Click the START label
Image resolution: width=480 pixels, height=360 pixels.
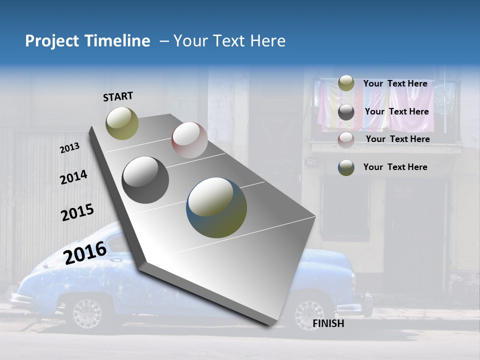coord(118,96)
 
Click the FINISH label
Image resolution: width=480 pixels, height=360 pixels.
coord(328,323)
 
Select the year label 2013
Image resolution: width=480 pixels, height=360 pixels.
coord(70,148)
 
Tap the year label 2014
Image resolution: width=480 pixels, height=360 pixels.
coord(73,177)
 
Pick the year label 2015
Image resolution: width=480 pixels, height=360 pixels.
coord(77,212)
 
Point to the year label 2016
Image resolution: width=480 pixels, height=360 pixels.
coord(85,252)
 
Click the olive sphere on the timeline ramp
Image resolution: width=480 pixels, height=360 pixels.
coord(122,123)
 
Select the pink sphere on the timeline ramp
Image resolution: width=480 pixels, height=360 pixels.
coord(189,140)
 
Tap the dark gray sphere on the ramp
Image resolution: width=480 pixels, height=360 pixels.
coord(145,180)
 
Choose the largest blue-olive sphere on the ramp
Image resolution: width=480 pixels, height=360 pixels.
coord(216,207)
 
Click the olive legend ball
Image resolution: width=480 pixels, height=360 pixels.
coord(346,83)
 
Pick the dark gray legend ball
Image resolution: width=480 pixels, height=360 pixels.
coord(346,112)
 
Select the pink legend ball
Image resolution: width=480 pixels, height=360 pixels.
coord(346,139)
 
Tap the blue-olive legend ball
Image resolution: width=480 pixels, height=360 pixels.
coord(346,167)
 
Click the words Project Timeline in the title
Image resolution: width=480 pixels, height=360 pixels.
coord(87,41)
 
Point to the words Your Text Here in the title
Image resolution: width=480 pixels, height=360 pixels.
coord(229,41)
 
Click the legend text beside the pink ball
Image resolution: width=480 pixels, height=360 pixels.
coord(397,139)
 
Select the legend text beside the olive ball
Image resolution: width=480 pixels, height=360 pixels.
coord(395,83)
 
